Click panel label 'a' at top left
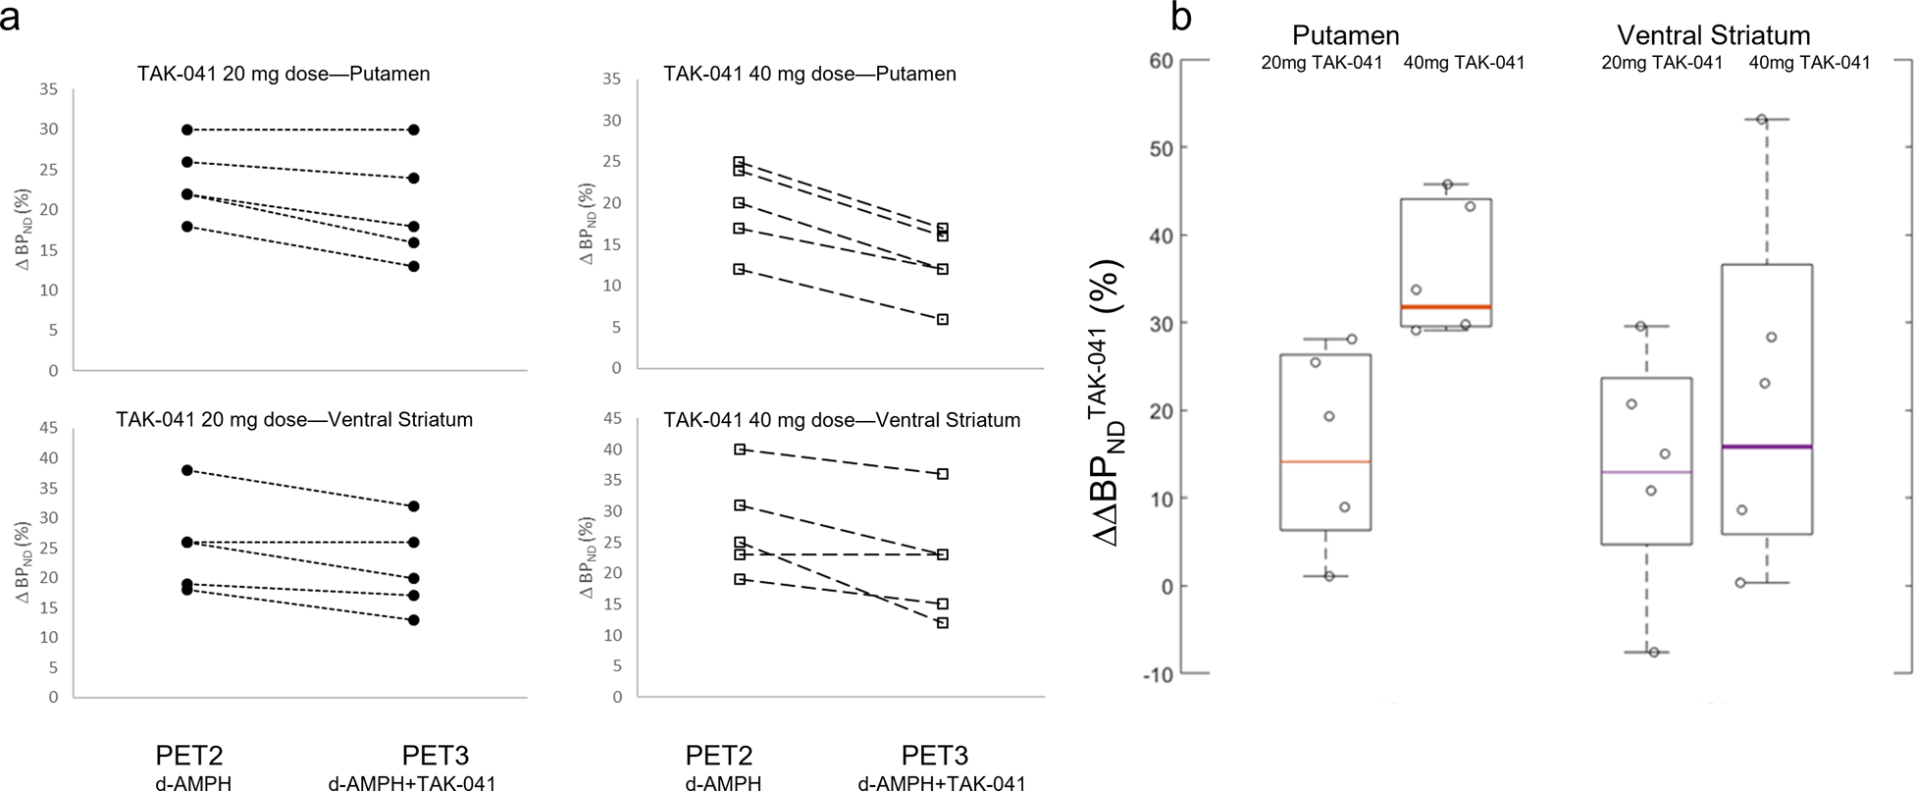pyautogui.click(x=12, y=18)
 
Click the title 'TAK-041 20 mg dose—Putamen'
pyautogui.click(x=284, y=74)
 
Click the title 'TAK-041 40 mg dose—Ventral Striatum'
pyautogui.click(x=842, y=420)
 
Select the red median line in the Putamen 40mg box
pyautogui.click(x=1446, y=307)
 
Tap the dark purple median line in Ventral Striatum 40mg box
pyautogui.click(x=1766, y=447)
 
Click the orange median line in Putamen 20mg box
pyautogui.click(x=1325, y=461)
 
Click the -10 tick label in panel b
pyautogui.click(x=1158, y=674)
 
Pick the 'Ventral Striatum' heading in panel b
pyautogui.click(x=1713, y=35)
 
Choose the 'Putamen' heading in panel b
pyautogui.click(x=1345, y=35)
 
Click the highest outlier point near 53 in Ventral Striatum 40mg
pyautogui.click(x=1762, y=120)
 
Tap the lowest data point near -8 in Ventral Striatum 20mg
pyautogui.click(x=1654, y=652)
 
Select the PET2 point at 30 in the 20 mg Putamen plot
pyautogui.click(x=186, y=130)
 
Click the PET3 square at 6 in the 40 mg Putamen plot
pyautogui.click(x=943, y=319)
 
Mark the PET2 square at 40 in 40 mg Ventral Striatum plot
pyautogui.click(x=740, y=448)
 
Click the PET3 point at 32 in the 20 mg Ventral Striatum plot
pyautogui.click(x=414, y=506)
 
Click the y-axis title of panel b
pyautogui.click(x=1111, y=402)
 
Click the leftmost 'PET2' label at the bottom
pyautogui.click(x=189, y=756)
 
